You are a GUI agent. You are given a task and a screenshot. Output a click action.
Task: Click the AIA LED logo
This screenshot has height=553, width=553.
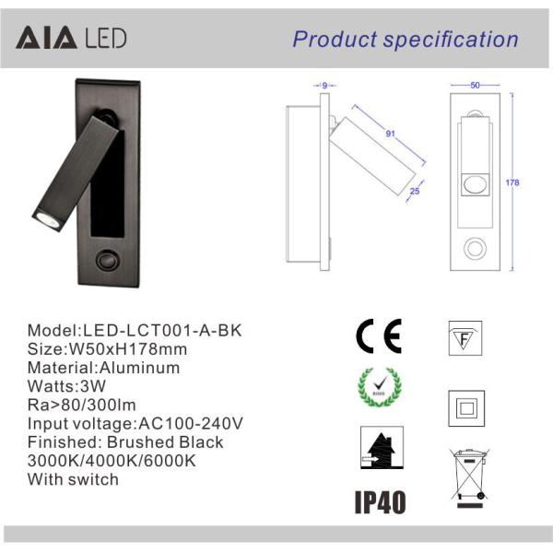(71, 38)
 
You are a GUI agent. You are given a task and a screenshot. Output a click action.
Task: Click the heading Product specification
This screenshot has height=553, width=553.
(406, 40)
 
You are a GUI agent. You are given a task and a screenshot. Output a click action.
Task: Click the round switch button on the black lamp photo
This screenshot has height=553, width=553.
(107, 261)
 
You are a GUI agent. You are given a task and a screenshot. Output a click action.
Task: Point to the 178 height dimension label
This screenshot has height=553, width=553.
(512, 182)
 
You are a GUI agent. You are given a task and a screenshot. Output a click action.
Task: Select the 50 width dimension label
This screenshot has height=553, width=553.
(475, 86)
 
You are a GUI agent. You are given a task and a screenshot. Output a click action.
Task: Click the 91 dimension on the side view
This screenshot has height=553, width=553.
(390, 134)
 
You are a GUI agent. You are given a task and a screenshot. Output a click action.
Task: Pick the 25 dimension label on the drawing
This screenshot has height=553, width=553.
(415, 191)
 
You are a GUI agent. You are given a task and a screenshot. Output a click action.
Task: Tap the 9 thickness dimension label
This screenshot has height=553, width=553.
(324, 86)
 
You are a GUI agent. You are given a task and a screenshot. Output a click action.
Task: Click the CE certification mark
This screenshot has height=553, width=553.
(379, 336)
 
